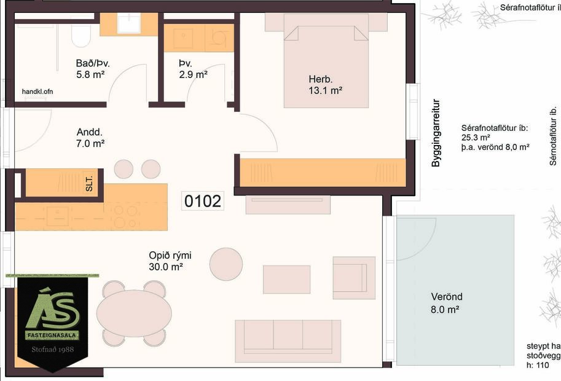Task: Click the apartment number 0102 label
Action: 203,201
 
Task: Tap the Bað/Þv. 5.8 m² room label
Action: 93,68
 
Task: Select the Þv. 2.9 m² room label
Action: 193,68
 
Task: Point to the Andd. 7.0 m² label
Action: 90,138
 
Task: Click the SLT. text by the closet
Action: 90,183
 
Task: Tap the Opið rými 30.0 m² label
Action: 166,261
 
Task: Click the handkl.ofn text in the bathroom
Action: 37,91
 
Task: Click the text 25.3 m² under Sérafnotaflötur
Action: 476,138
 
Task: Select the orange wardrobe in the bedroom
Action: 323,172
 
